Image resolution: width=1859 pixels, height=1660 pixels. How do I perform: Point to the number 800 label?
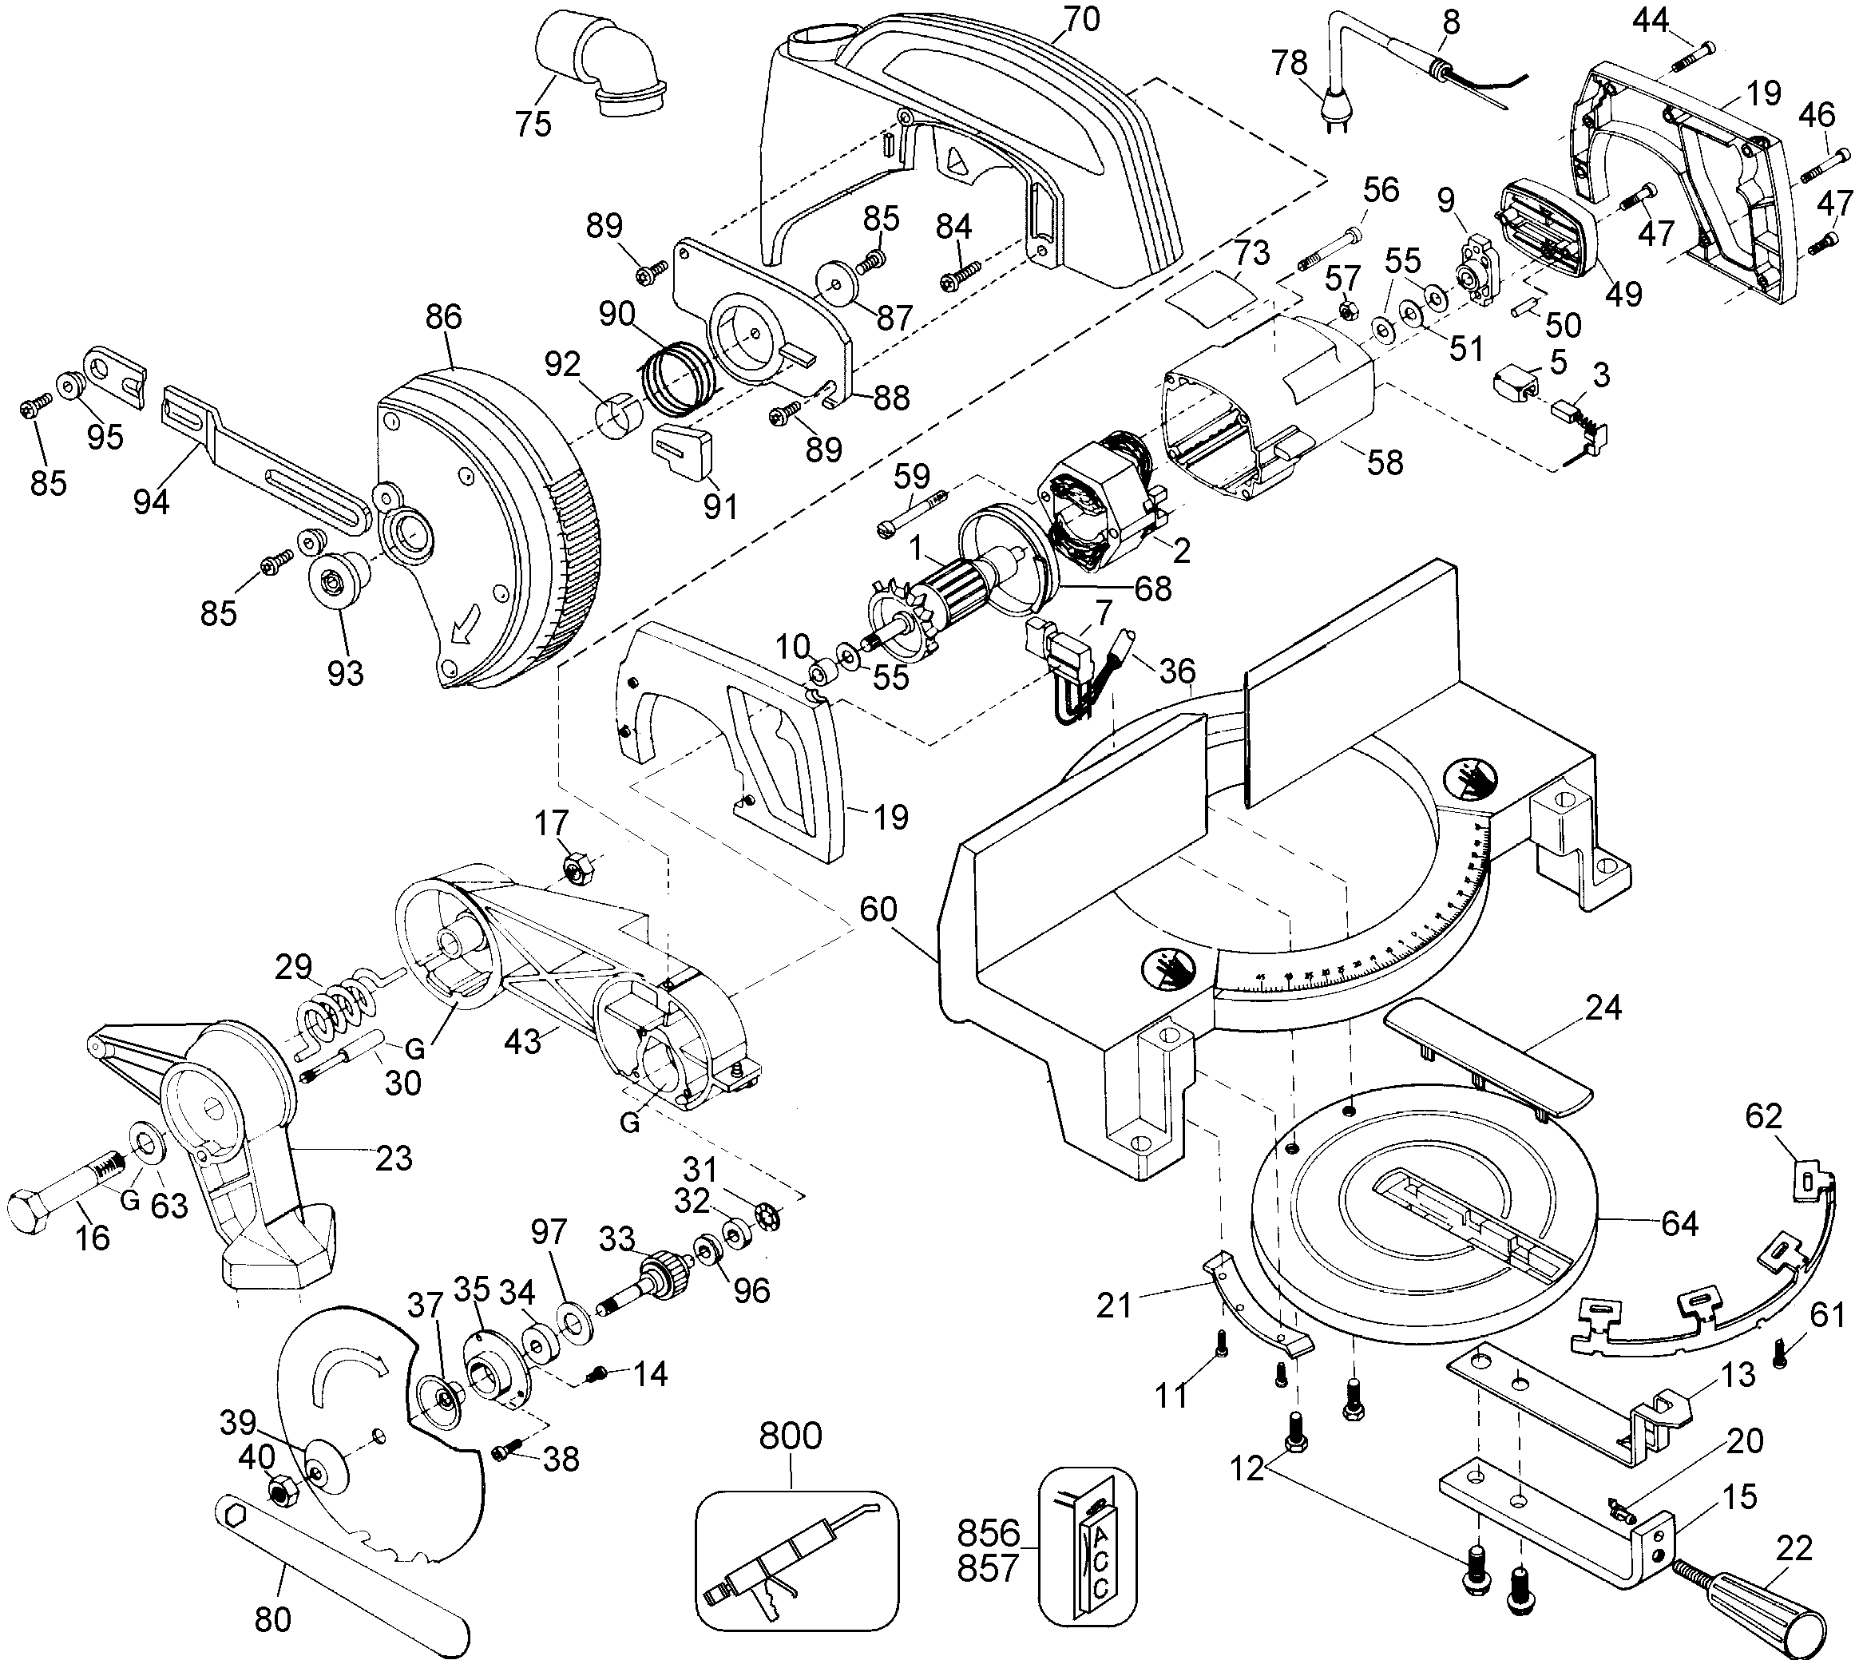point(791,1435)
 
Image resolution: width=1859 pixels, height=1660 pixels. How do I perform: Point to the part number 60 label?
point(878,909)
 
